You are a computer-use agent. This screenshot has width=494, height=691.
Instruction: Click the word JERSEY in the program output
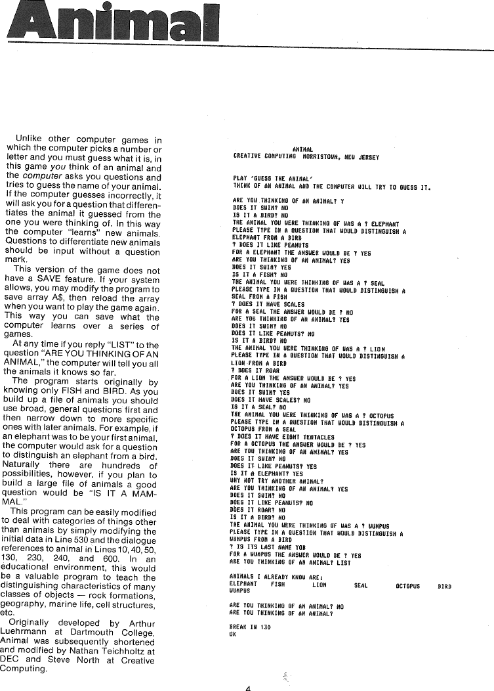tap(367, 157)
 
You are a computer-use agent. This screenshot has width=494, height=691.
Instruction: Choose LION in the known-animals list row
tap(319, 584)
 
